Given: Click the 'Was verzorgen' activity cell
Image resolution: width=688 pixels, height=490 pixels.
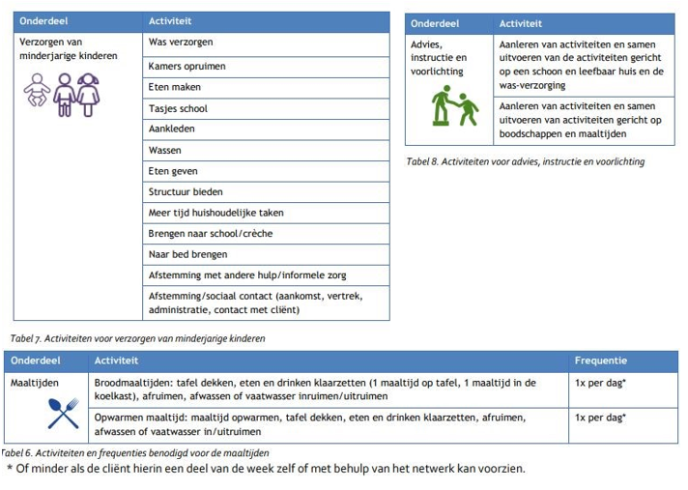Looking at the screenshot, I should click(x=181, y=43).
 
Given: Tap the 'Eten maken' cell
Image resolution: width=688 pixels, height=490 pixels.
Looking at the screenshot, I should click(x=174, y=87).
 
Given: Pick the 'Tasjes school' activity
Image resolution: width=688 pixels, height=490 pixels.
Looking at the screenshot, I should click(x=178, y=108).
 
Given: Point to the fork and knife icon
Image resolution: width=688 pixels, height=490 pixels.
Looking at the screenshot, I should click(x=62, y=414).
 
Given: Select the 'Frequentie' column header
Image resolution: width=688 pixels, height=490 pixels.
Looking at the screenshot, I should click(x=600, y=360).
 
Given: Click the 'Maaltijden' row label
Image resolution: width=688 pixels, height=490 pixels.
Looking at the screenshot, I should click(x=35, y=384).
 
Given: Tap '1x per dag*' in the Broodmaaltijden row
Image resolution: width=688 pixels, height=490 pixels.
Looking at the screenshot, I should click(x=600, y=384).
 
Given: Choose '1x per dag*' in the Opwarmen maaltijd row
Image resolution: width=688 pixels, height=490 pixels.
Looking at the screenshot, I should click(x=600, y=418).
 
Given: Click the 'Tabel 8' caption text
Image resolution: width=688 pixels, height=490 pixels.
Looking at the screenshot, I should click(x=525, y=161).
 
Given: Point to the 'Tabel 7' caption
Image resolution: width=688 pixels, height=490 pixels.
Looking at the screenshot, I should click(x=136, y=338).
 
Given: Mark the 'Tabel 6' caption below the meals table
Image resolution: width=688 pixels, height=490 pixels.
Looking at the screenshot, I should click(x=134, y=452).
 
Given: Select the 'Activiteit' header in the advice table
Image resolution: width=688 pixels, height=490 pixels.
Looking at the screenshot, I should click(x=521, y=23).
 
